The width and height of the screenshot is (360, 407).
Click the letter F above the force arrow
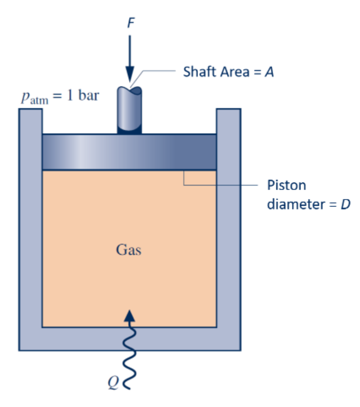point(130,23)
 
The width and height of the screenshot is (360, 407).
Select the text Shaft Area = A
point(228,72)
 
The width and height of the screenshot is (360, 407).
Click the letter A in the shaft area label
point(270,72)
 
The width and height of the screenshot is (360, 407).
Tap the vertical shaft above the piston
point(130,110)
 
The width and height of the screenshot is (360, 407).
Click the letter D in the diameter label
point(345,204)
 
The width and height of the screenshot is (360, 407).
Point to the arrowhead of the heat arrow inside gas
point(130,315)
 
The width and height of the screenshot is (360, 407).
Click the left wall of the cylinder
point(30,225)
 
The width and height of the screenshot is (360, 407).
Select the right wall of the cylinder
point(229,225)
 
